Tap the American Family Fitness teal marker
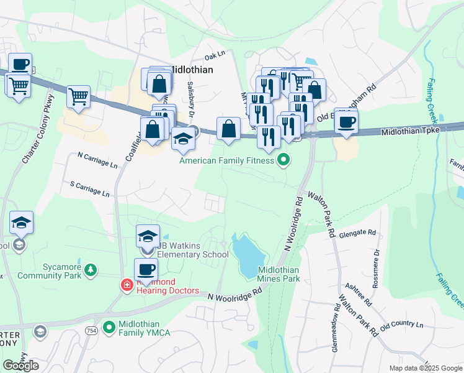pos(284,161)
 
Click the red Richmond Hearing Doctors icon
pos(127,285)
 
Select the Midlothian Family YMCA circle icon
pos(110,326)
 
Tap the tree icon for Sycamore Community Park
pos(91,270)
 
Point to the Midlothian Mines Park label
pos(279,274)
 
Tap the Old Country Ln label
pos(401,325)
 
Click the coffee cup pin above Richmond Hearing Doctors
pos(146,270)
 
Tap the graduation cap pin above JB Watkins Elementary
pos(148,237)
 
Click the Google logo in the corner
pos(20,365)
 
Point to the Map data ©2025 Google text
pos(425,367)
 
